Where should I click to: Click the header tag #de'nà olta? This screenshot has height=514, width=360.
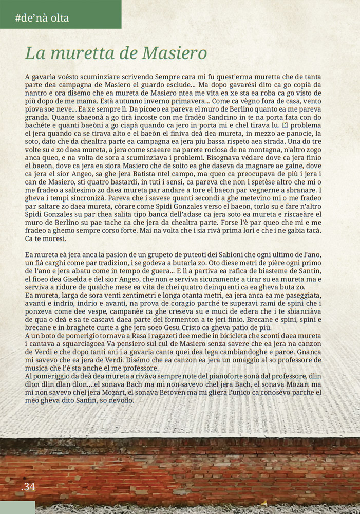click(x=42, y=19)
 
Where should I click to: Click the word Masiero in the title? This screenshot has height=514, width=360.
click(x=174, y=53)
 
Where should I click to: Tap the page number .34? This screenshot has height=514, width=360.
click(x=29, y=486)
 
